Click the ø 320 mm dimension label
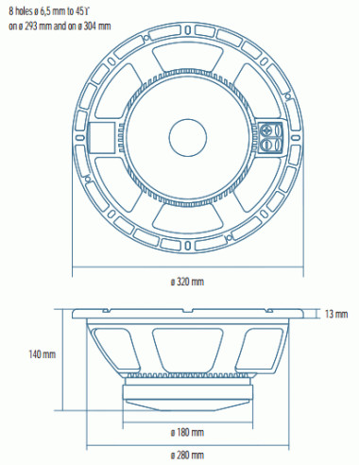pos(186,281)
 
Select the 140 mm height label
pos(42,355)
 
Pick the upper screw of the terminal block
pos(277,129)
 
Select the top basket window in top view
pos(186,59)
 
